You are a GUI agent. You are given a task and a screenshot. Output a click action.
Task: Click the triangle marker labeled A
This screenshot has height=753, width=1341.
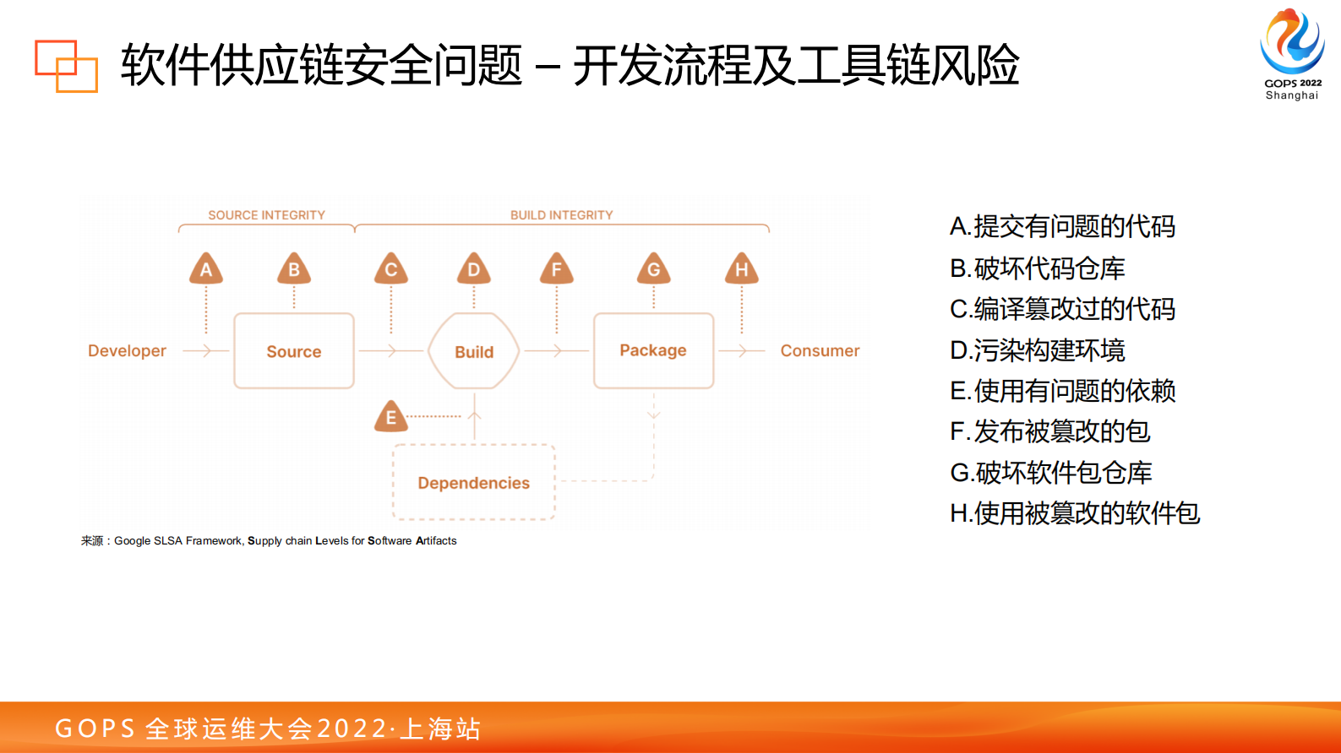point(206,269)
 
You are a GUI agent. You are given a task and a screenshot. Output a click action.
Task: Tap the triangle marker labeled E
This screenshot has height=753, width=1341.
point(391,417)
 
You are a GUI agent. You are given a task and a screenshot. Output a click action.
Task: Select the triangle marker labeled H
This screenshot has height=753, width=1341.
point(742,269)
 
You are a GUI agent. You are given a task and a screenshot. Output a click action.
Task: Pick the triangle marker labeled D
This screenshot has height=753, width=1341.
point(474,269)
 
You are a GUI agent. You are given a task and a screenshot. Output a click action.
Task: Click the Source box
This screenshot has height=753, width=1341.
point(294,351)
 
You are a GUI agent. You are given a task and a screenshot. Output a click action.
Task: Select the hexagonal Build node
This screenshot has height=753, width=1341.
point(474,351)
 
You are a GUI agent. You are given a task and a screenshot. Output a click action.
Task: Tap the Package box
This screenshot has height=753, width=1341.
point(653,350)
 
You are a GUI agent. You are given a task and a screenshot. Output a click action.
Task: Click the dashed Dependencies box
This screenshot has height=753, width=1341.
point(473,483)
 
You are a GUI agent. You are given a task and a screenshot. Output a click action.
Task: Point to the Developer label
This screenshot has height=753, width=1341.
point(127,351)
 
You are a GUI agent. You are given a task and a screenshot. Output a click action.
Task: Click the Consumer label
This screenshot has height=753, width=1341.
point(820,351)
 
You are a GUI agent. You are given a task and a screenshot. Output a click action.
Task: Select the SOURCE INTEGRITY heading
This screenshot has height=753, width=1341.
point(266,215)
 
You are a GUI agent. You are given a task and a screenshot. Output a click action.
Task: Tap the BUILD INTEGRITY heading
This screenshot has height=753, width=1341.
point(561,215)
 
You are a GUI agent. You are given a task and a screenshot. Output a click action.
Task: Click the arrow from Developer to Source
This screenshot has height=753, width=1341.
point(204,350)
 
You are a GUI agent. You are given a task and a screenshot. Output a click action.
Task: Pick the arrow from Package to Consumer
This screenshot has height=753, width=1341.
point(741,350)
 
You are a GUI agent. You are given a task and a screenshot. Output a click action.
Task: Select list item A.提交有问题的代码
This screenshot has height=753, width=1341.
point(1062,226)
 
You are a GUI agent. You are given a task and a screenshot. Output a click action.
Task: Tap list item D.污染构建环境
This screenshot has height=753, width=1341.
point(1038,349)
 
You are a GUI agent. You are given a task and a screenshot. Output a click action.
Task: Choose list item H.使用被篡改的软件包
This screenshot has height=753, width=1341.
point(1074,513)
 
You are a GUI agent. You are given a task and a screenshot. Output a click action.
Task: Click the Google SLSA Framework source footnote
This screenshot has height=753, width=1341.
point(269,541)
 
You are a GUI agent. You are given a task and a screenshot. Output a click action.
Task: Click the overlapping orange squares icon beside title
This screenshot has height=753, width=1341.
point(66,66)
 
